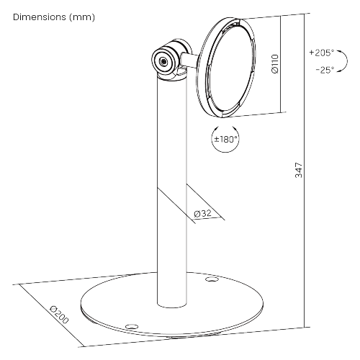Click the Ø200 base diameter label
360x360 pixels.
click(59, 315)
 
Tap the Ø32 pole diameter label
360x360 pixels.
click(203, 213)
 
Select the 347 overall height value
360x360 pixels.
click(299, 170)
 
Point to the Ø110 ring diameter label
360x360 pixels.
click(275, 64)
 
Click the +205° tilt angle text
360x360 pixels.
click(321, 53)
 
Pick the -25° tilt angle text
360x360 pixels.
click(325, 70)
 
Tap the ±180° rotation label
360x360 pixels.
click(225, 139)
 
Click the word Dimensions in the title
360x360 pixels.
click(40, 17)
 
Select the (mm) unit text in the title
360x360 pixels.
click(82, 17)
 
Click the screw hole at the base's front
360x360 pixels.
click(132, 327)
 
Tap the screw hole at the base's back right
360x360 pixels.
click(211, 279)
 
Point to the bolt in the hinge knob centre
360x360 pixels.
click(163, 61)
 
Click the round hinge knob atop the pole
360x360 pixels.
click(165, 61)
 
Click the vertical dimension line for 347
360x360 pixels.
click(305, 171)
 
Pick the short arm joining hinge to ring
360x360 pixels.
click(189, 61)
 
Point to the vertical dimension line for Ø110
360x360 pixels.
click(280, 64)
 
